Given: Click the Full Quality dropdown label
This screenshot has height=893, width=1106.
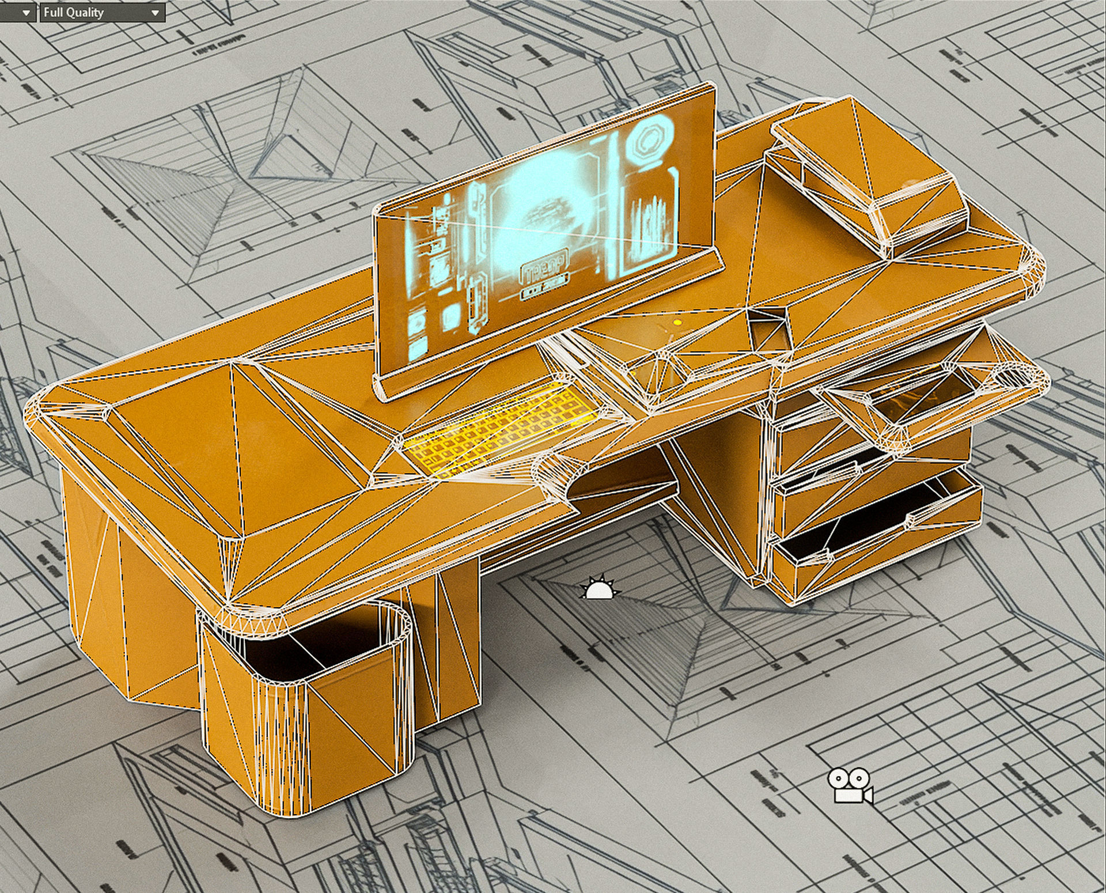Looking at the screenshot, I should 74,12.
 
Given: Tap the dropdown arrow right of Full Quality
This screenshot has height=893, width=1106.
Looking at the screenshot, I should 155,13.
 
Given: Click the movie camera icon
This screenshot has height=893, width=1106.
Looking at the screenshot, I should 850,785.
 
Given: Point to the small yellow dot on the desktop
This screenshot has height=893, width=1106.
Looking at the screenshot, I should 677,323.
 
